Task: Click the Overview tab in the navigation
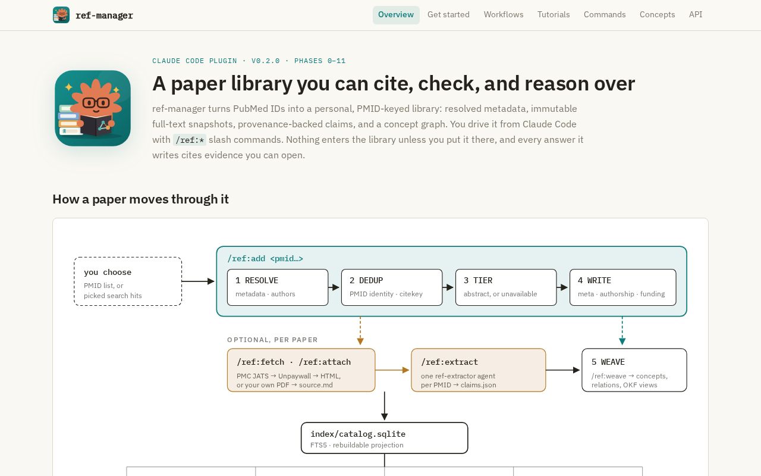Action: point(396,15)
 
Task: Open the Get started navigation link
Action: point(448,15)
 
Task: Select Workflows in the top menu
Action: point(504,15)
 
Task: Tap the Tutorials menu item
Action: point(554,15)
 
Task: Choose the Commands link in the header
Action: point(605,15)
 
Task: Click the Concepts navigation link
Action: point(658,15)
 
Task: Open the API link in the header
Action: point(696,15)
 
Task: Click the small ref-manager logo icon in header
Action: point(61,15)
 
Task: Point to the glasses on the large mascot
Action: point(96,102)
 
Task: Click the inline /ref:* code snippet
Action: point(190,140)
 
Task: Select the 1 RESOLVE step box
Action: point(278,287)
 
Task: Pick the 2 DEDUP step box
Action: point(392,287)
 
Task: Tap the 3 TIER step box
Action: point(506,287)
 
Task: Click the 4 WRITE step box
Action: point(622,287)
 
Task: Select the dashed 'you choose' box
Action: point(128,281)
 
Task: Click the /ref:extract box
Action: point(479,370)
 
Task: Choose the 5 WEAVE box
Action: point(634,370)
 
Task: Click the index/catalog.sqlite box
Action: point(384,438)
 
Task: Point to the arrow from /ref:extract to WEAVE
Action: point(562,370)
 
